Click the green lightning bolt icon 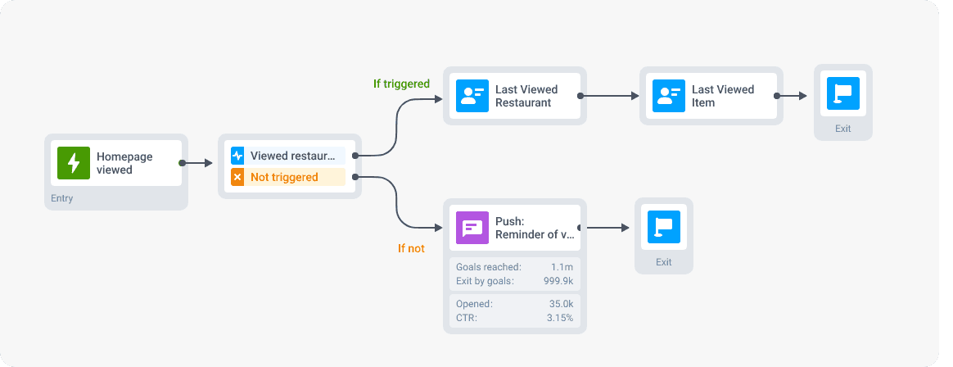click(x=74, y=163)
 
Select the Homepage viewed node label click(x=124, y=163)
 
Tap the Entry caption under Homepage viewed click(x=62, y=198)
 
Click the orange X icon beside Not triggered click(x=237, y=177)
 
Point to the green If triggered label click(x=401, y=84)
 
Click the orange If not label click(x=411, y=248)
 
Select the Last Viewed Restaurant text click(x=526, y=96)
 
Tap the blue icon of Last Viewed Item click(x=669, y=96)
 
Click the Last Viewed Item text click(x=722, y=96)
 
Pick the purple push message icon click(x=472, y=228)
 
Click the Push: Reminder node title click(x=535, y=228)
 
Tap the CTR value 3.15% click(x=559, y=317)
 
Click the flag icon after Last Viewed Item click(x=843, y=94)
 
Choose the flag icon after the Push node click(x=664, y=227)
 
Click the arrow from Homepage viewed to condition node click(x=196, y=163)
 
